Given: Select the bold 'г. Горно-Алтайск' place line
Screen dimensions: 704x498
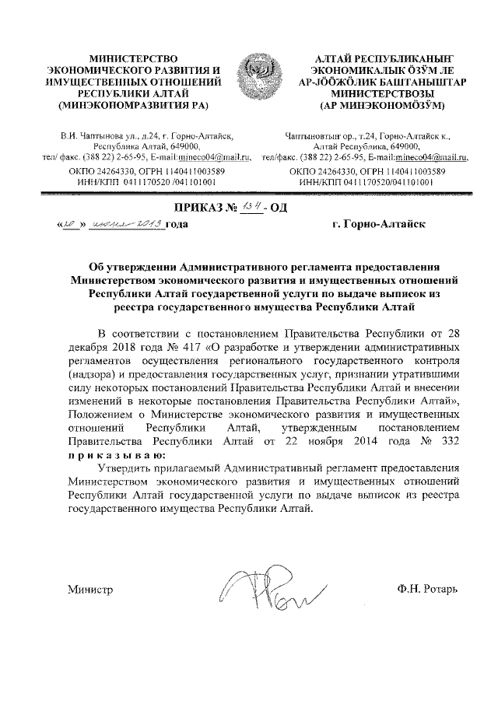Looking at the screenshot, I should pos(377,224).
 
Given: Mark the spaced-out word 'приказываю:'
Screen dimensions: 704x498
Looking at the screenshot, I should pos(117,454).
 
